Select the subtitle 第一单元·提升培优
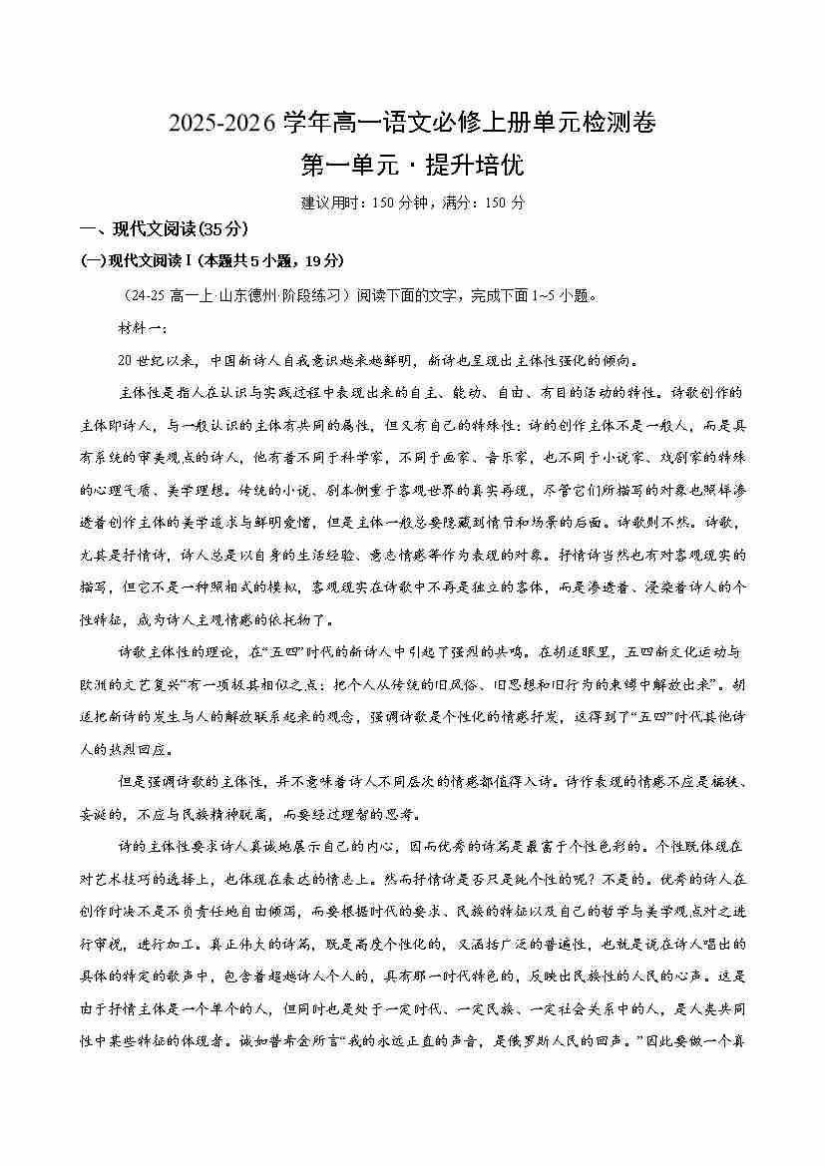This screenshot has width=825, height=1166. (412, 165)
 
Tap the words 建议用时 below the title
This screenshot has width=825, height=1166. (326, 202)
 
